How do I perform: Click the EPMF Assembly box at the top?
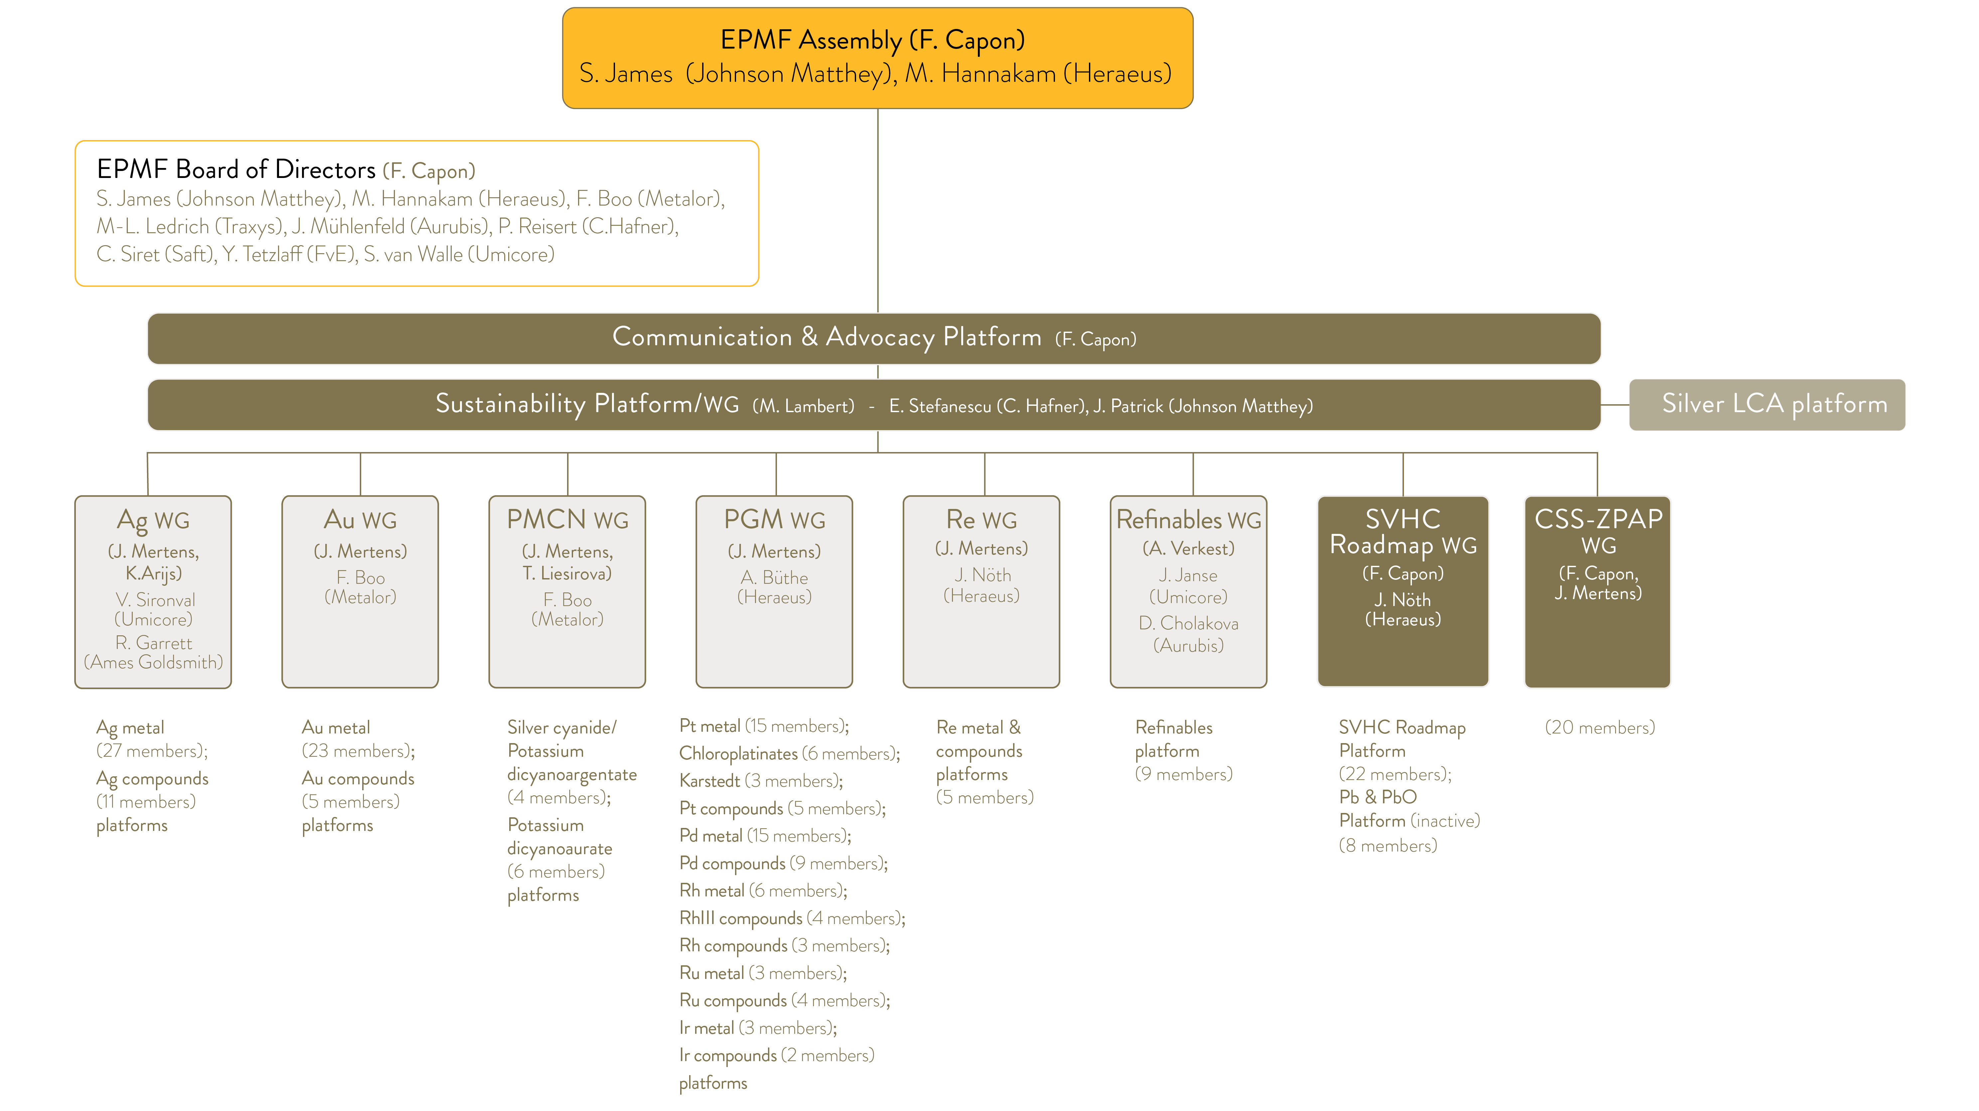click(877, 58)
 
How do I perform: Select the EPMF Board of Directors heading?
click(236, 169)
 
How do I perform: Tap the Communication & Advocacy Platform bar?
click(873, 338)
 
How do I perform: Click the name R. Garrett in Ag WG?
click(154, 643)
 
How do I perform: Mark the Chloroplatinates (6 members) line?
click(789, 754)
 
